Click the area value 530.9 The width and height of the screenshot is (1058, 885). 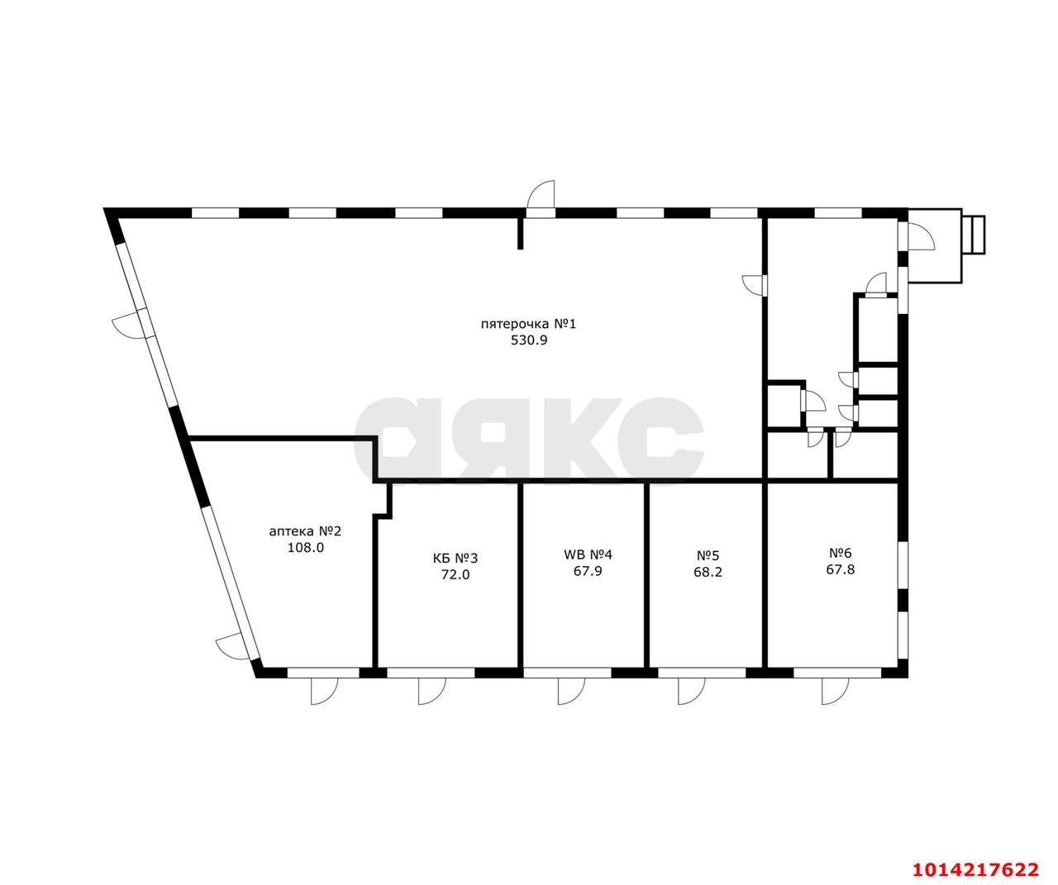pos(529,339)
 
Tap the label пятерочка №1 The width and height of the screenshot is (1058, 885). pos(528,323)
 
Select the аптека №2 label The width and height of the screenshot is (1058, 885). pos(305,531)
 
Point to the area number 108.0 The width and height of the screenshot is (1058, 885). pos(305,547)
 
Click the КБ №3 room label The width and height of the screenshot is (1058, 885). pos(455,559)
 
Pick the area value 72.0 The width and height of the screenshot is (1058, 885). pos(455,575)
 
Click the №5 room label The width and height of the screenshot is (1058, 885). pos(708,555)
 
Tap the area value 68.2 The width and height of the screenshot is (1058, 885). pos(708,571)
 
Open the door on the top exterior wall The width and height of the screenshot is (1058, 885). pos(541,197)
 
